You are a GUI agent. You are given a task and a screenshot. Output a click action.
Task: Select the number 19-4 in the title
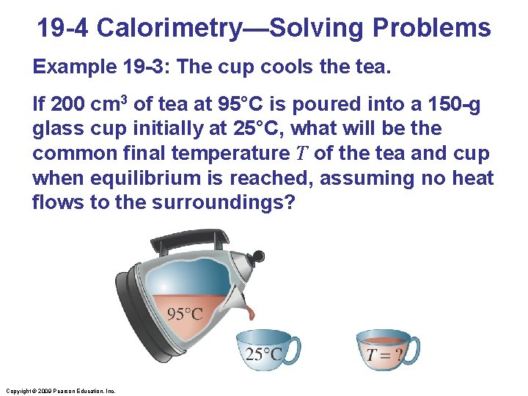[x=63, y=28]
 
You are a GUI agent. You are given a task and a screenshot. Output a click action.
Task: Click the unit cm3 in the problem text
[x=109, y=104]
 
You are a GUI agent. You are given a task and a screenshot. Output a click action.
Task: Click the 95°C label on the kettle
[x=185, y=314]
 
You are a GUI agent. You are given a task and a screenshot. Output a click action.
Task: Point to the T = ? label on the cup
[x=384, y=355]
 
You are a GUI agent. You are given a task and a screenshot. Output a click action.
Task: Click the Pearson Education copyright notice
[x=59, y=391]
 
